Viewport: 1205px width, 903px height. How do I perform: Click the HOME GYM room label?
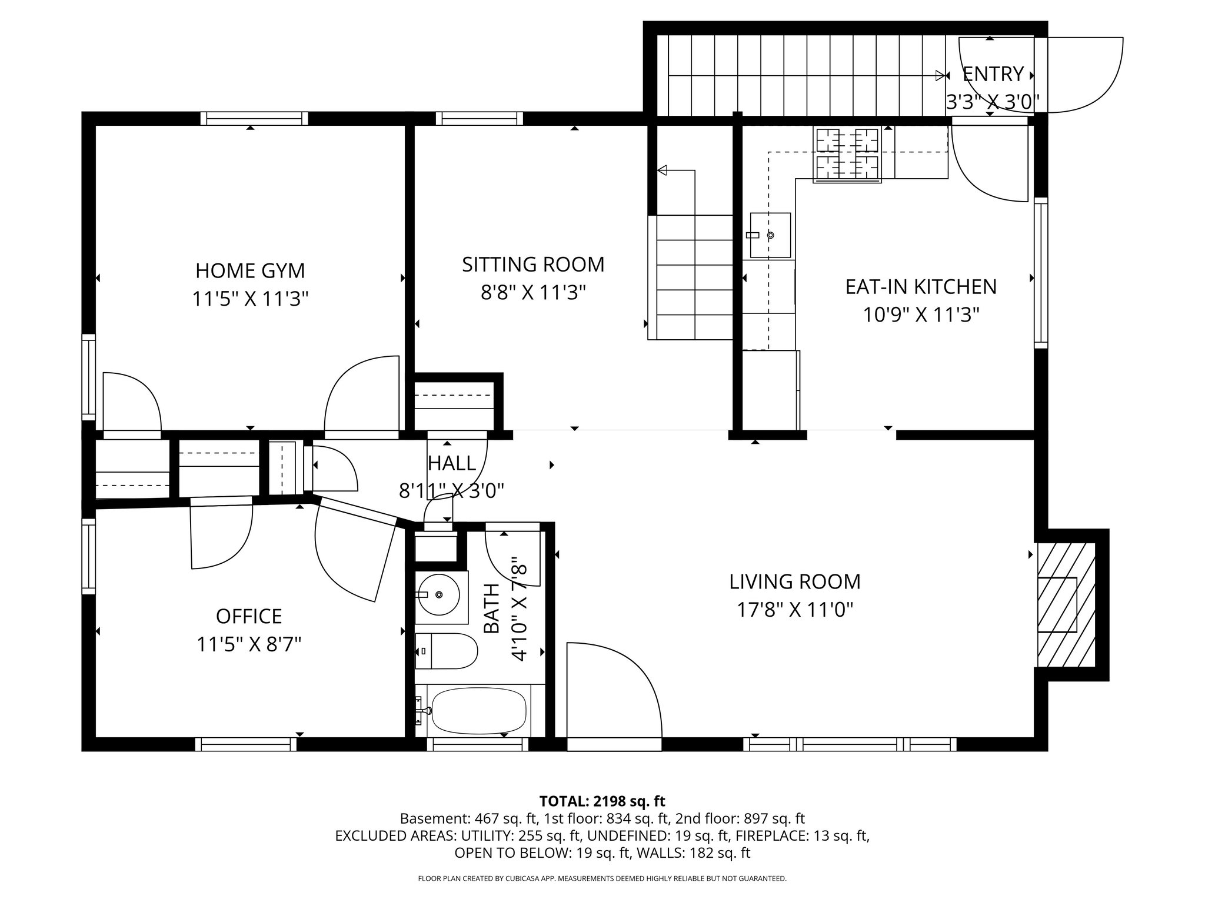pyautogui.click(x=250, y=271)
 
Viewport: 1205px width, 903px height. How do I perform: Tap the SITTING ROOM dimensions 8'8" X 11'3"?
pyautogui.click(x=533, y=293)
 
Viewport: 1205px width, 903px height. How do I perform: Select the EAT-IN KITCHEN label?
pyautogui.click(x=921, y=287)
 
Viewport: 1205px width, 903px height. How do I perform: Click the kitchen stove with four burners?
pyautogui.click(x=847, y=155)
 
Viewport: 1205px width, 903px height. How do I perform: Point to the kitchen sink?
pyautogui.click(x=770, y=235)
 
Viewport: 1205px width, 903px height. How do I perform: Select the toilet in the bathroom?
pyautogui.click(x=447, y=651)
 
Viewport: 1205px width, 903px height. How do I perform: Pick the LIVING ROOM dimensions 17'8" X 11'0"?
pyautogui.click(x=795, y=610)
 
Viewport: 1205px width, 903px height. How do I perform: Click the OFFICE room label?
pyautogui.click(x=249, y=616)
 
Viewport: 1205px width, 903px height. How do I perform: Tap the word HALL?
pyautogui.click(x=451, y=463)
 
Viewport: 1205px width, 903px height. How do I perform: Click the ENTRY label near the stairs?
pyautogui.click(x=993, y=74)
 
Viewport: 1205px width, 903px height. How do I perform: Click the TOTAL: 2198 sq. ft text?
pyautogui.click(x=602, y=801)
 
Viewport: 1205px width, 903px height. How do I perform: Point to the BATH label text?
pyautogui.click(x=491, y=608)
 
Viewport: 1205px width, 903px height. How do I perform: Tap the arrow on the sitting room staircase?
pyautogui.click(x=663, y=170)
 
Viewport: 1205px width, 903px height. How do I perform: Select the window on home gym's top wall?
pyautogui.click(x=254, y=118)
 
